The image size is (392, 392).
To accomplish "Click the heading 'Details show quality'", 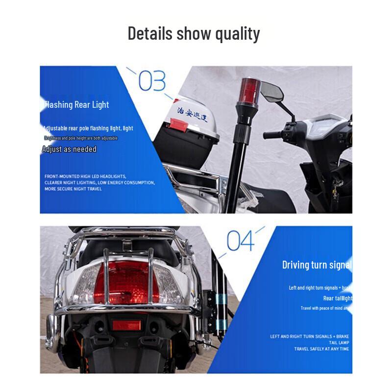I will (194, 34).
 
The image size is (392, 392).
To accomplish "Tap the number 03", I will (152, 81).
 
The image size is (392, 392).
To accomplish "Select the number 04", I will (241, 241).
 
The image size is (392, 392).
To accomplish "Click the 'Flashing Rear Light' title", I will (76, 104).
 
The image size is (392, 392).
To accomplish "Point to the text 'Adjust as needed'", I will (69, 149).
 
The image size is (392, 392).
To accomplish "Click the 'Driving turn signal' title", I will (317, 265).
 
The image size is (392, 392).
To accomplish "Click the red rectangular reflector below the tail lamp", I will (126, 325).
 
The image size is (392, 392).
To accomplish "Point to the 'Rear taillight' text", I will (338, 298).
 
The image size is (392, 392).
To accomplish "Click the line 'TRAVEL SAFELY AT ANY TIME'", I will (321, 349).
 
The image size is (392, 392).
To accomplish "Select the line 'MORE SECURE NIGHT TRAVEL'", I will (73, 189).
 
